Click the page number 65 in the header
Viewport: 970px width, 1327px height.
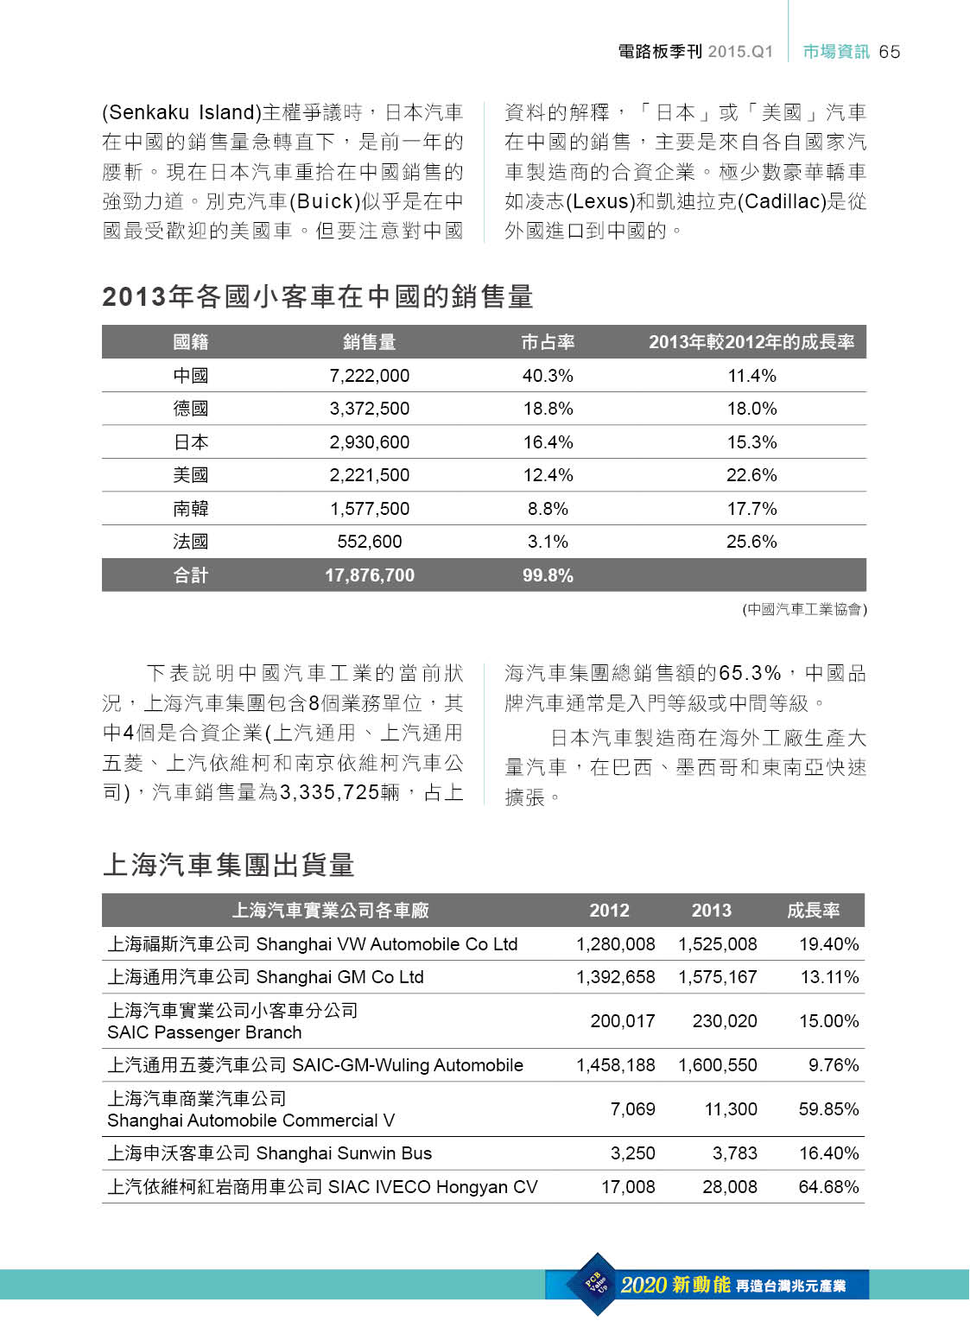pyautogui.click(x=889, y=52)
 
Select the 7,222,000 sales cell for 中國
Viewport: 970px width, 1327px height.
pyautogui.click(x=369, y=376)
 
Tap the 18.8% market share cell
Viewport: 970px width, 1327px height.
pyautogui.click(x=548, y=409)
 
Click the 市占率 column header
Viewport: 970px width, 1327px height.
pyautogui.click(x=548, y=342)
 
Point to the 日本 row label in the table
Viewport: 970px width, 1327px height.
pyautogui.click(x=191, y=442)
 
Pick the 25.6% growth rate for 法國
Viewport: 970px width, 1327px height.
pyautogui.click(x=751, y=542)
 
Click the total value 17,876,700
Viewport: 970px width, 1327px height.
pyautogui.click(x=369, y=575)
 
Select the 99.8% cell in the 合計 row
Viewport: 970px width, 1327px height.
pyautogui.click(x=548, y=575)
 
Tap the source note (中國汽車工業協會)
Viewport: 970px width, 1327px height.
pyautogui.click(x=804, y=609)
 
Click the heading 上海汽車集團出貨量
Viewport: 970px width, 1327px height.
pyautogui.click(x=229, y=865)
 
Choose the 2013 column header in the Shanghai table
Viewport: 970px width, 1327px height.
pyautogui.click(x=711, y=911)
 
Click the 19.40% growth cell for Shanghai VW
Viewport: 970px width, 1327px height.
pyautogui.click(x=828, y=944)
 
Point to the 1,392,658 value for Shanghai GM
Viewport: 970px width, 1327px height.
pyautogui.click(x=615, y=977)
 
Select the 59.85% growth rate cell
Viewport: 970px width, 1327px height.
pyautogui.click(x=828, y=1109)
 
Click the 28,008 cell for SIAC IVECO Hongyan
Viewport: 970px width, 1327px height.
pyautogui.click(x=729, y=1187)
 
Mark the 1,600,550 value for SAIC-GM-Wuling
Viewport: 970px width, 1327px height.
pyautogui.click(x=717, y=1065)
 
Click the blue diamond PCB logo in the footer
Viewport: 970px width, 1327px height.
pyautogui.click(x=597, y=1284)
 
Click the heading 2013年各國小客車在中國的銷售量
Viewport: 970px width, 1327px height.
pyautogui.click(x=317, y=296)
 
